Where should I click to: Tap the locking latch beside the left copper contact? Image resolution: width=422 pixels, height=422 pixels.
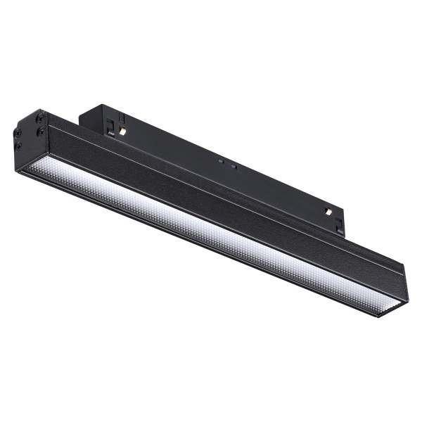(x=111, y=126)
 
